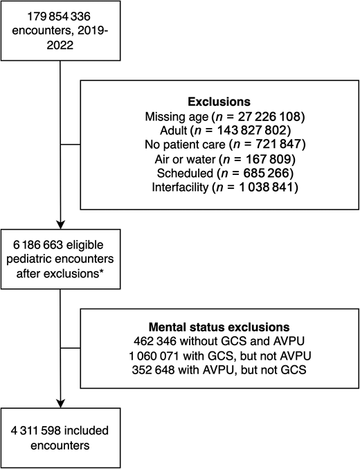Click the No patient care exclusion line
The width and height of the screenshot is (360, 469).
coord(219,144)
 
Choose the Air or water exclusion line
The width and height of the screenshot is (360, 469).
coord(219,158)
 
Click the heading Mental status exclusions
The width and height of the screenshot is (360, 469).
coord(219,328)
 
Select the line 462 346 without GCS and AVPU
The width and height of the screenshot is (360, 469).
coord(219,341)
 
